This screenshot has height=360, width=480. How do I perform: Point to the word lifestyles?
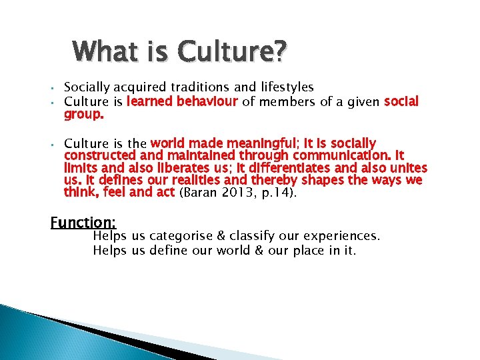(286, 87)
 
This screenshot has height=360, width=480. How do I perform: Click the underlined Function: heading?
(83, 222)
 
